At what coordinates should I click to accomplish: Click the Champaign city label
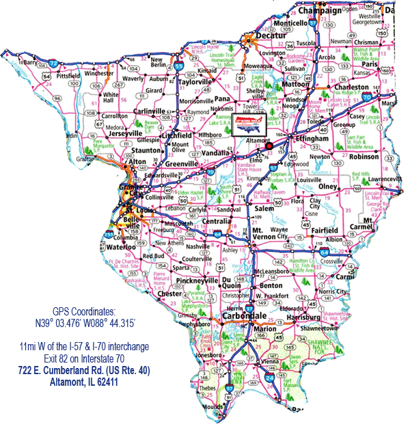click(317, 11)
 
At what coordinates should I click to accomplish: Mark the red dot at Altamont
click(269, 145)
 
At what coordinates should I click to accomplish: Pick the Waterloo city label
click(122, 246)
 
